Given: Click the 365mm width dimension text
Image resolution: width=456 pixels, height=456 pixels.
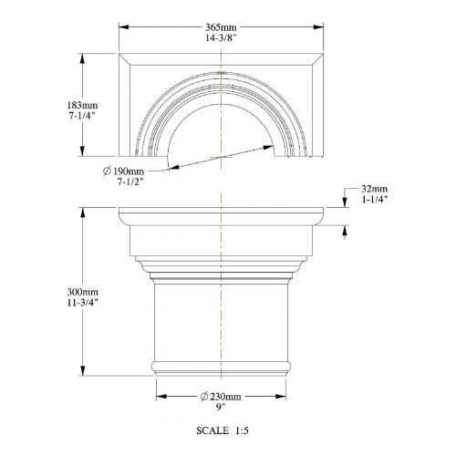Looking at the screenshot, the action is coord(221,27).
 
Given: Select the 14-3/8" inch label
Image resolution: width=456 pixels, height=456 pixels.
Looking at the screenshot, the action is coord(221,38).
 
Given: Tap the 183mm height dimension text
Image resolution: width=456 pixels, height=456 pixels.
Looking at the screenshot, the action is coord(82,105).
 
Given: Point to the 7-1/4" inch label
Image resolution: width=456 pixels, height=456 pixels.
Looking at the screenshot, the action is coord(82,116).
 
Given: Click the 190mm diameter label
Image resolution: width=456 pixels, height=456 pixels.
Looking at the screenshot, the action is coord(129,171).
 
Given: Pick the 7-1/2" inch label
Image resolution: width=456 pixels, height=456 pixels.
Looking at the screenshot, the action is coord(130,181).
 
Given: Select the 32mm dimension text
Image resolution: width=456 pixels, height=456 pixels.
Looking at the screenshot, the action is coord(375,189).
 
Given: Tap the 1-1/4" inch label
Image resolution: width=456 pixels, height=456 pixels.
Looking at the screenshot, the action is coord(375,200).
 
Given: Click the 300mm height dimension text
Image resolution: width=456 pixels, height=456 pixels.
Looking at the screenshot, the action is coord(83,292).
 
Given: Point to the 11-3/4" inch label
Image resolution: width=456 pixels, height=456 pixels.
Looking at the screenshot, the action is coord(83,303).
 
